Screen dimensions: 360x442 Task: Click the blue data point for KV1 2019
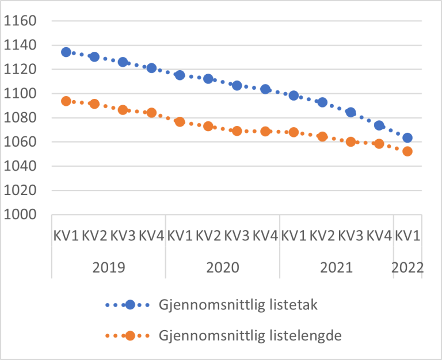pos(66,52)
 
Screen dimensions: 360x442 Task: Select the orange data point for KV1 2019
pos(66,101)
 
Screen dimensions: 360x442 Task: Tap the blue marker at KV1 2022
pos(407,138)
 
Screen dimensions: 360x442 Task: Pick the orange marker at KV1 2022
pos(407,151)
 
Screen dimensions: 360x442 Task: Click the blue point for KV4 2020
pos(265,89)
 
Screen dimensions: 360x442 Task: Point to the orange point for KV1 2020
pos(180,122)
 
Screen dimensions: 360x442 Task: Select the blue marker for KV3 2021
pos(350,112)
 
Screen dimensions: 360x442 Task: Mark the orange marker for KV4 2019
pos(151,113)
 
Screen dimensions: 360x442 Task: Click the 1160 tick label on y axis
pos(20,21)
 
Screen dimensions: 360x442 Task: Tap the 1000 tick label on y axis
pos(20,215)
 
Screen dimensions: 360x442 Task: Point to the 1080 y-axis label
pos(20,118)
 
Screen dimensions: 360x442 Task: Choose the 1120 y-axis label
pos(20,70)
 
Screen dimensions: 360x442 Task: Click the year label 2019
pos(109,267)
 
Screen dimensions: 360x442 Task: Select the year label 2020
pos(222,267)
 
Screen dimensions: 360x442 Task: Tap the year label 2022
pos(407,267)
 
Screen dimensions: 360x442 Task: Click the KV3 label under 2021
pos(351,236)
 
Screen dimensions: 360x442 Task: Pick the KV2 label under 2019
pos(95,236)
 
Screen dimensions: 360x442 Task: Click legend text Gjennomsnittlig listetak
pos(238,305)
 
